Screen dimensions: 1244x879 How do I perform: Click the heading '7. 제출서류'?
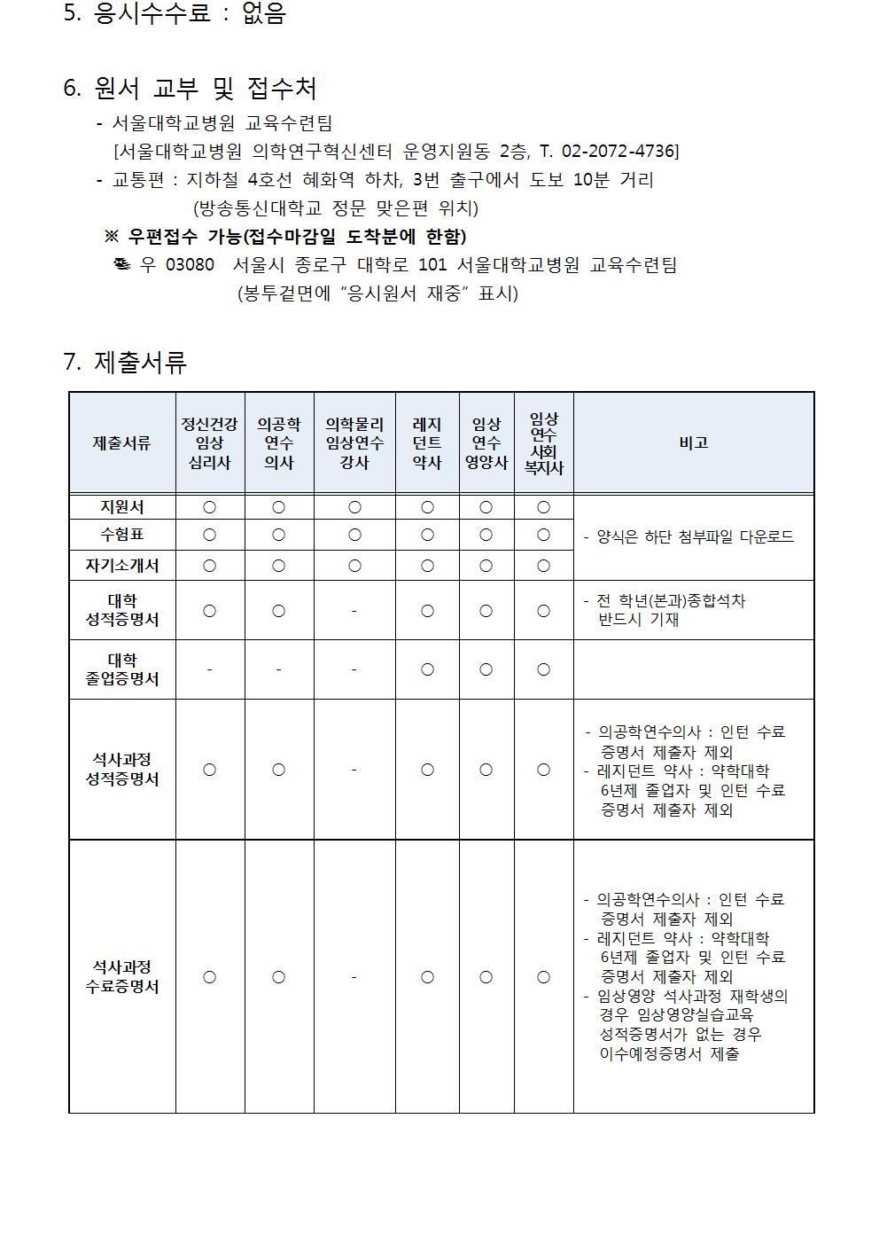pos(125,362)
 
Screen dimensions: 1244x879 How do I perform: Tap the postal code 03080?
pos(190,265)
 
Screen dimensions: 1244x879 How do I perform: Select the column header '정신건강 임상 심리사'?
pos(209,442)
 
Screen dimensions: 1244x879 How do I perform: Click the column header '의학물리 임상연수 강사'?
pos(354,442)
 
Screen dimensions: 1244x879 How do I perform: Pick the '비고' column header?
pos(693,442)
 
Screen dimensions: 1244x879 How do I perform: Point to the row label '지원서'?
pos(122,507)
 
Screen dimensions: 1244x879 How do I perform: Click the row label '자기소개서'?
pos(122,566)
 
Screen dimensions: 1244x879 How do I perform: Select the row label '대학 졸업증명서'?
pos(122,669)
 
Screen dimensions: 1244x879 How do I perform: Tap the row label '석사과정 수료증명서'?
pos(122,976)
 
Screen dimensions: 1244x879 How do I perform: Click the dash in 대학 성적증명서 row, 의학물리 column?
pos(354,611)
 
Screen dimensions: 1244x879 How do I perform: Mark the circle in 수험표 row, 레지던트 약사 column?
pos(427,536)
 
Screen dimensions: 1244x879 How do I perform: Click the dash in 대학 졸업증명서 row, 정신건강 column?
pos(209,669)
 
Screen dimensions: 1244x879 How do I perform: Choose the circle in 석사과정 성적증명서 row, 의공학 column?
pos(278,770)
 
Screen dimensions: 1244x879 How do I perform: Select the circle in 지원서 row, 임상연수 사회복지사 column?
pos(543,507)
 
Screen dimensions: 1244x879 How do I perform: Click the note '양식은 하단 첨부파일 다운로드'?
pos(695,536)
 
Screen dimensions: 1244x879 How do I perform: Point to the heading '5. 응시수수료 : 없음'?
pos(175,14)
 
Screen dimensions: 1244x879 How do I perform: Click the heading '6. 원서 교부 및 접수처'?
pos(190,88)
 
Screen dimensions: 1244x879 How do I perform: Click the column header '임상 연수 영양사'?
pos(486,442)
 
